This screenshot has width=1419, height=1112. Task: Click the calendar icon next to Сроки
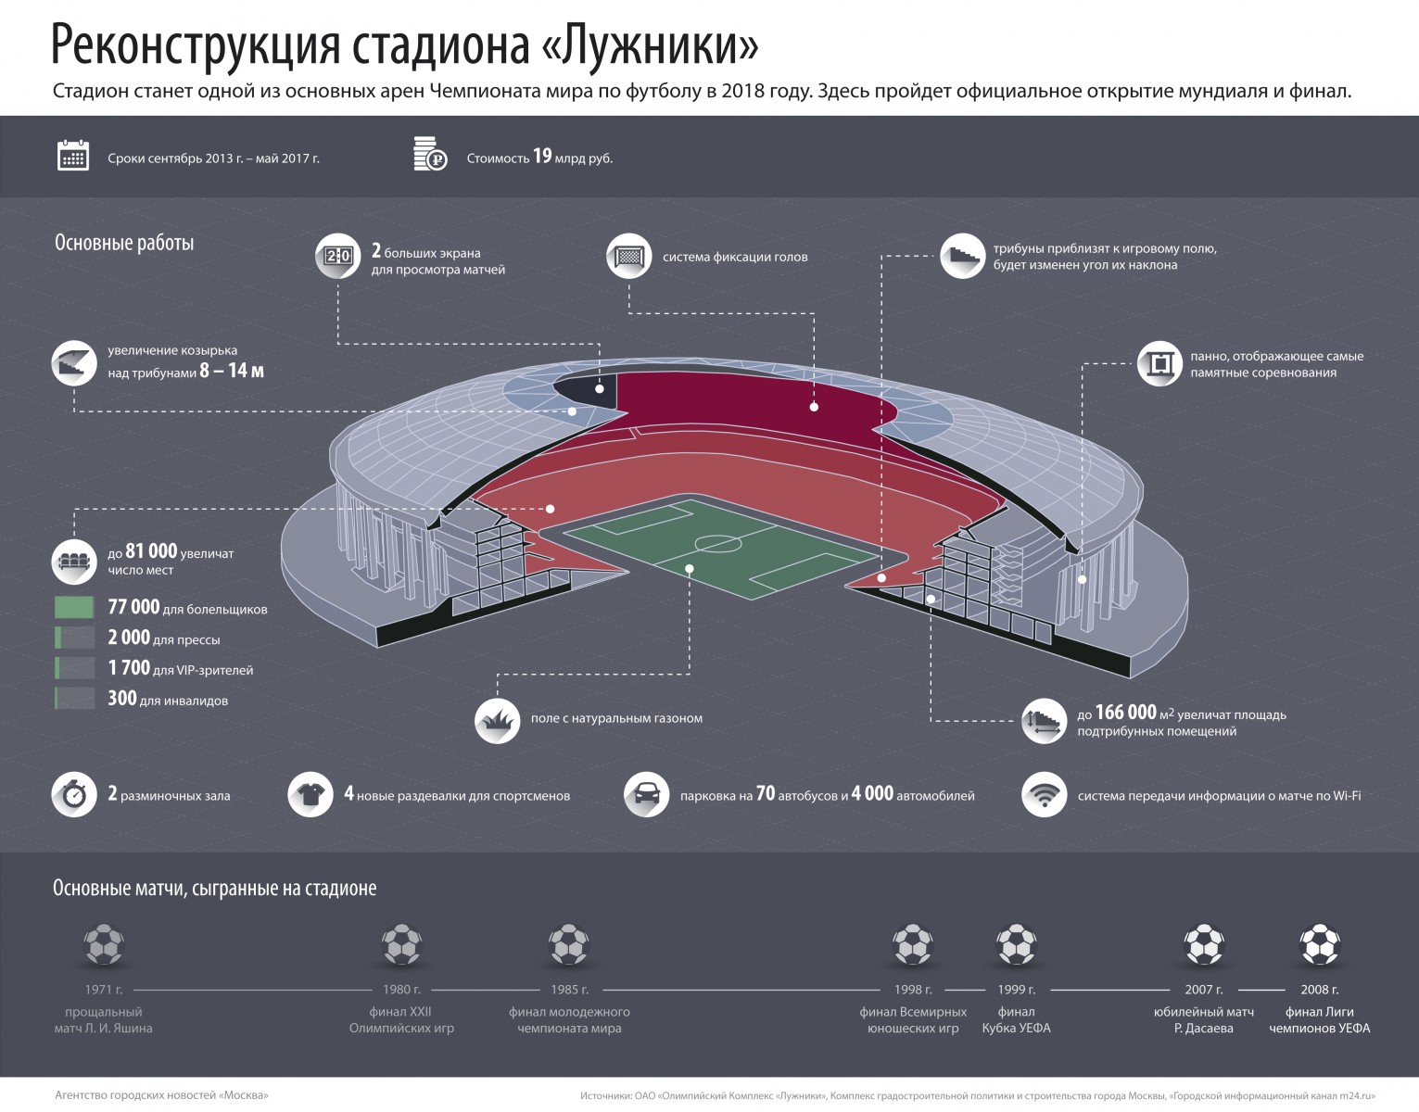click(x=73, y=156)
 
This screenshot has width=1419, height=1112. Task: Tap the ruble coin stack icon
click(x=429, y=155)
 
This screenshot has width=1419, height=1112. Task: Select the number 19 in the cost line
click(x=542, y=156)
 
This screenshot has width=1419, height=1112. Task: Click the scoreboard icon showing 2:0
click(x=337, y=256)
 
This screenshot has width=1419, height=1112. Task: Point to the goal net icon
click(x=629, y=256)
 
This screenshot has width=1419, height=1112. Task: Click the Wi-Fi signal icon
click(x=1045, y=795)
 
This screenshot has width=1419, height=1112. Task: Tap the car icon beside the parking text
click(x=646, y=795)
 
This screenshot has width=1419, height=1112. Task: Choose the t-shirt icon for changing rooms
click(x=310, y=795)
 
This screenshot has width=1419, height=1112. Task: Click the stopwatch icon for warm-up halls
click(x=74, y=795)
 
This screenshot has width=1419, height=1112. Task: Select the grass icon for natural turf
click(x=497, y=720)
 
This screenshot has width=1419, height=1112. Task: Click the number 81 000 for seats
click(x=150, y=551)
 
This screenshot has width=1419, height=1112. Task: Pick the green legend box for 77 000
click(x=74, y=608)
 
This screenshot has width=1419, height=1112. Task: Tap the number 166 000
click(x=1125, y=713)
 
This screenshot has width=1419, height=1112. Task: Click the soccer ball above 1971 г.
click(x=104, y=945)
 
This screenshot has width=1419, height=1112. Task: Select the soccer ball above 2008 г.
click(x=1319, y=945)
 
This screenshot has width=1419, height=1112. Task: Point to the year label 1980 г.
click(x=401, y=990)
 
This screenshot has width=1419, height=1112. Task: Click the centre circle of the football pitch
click(x=718, y=543)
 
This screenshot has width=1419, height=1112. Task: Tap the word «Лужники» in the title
click(x=649, y=44)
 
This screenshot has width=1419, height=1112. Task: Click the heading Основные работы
click(x=124, y=244)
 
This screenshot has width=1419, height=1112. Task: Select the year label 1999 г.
click(x=1016, y=990)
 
